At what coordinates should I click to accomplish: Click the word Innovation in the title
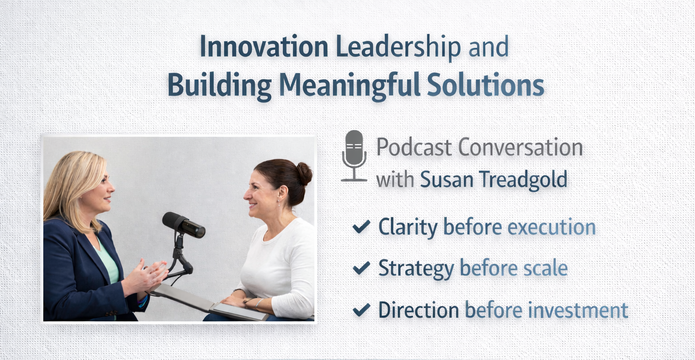[x=264, y=46]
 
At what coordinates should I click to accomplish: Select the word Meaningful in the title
[x=350, y=85]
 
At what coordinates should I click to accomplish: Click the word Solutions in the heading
[x=486, y=84]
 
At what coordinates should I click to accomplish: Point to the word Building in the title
[x=219, y=85]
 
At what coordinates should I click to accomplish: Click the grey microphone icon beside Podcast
[x=354, y=156]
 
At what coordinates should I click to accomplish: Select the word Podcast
[x=414, y=147]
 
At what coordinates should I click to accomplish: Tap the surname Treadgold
[x=523, y=180]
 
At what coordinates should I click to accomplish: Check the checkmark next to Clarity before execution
[x=362, y=226]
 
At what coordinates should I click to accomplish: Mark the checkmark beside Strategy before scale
[x=362, y=268]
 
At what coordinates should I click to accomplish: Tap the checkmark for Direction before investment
[x=362, y=309]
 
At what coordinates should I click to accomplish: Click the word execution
[x=552, y=227]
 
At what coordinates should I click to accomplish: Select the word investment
[x=578, y=310]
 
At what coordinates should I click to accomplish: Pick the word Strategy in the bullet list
[x=416, y=269]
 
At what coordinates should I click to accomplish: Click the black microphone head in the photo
[x=184, y=225]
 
